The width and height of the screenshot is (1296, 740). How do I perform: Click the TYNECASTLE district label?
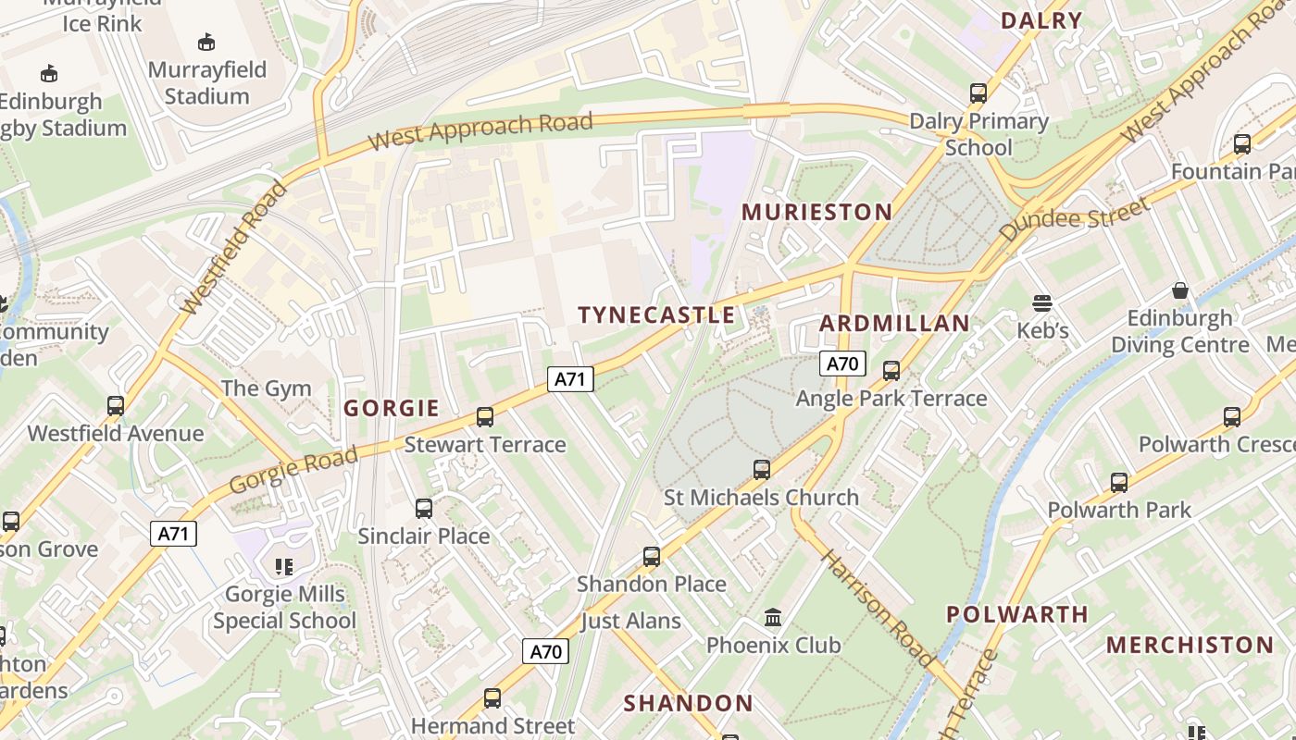pyautogui.click(x=656, y=315)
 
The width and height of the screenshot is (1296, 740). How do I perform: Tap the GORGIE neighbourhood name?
pyautogui.click(x=391, y=408)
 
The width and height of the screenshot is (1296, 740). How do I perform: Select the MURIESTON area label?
pyautogui.click(x=816, y=212)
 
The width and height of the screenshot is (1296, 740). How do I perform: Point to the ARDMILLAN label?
pyautogui.click(x=894, y=323)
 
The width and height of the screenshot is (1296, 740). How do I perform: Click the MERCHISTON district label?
pyautogui.click(x=1190, y=645)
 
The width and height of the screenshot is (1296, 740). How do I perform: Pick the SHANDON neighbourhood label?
pyautogui.click(x=688, y=703)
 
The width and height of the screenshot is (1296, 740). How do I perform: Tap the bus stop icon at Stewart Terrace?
pyautogui.click(x=485, y=417)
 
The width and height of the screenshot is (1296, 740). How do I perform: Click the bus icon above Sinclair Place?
pyautogui.click(x=424, y=508)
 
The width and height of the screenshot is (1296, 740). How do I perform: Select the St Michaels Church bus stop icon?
pyautogui.click(x=761, y=470)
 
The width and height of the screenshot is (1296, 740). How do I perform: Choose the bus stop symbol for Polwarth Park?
pyautogui.click(x=1119, y=482)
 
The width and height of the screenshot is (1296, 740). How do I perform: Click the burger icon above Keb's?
pyautogui.click(x=1042, y=303)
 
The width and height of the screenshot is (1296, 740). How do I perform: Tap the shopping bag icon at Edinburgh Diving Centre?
pyautogui.click(x=1180, y=290)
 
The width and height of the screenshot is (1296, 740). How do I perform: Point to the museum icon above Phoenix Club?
pyautogui.click(x=773, y=617)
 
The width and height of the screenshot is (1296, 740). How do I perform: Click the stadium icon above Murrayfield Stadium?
pyautogui.click(x=206, y=42)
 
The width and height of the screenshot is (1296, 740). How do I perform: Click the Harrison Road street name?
pyautogui.click(x=877, y=608)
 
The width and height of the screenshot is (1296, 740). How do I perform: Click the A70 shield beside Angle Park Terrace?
pyautogui.click(x=841, y=364)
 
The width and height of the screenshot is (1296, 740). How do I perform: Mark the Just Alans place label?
pyautogui.click(x=630, y=621)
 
